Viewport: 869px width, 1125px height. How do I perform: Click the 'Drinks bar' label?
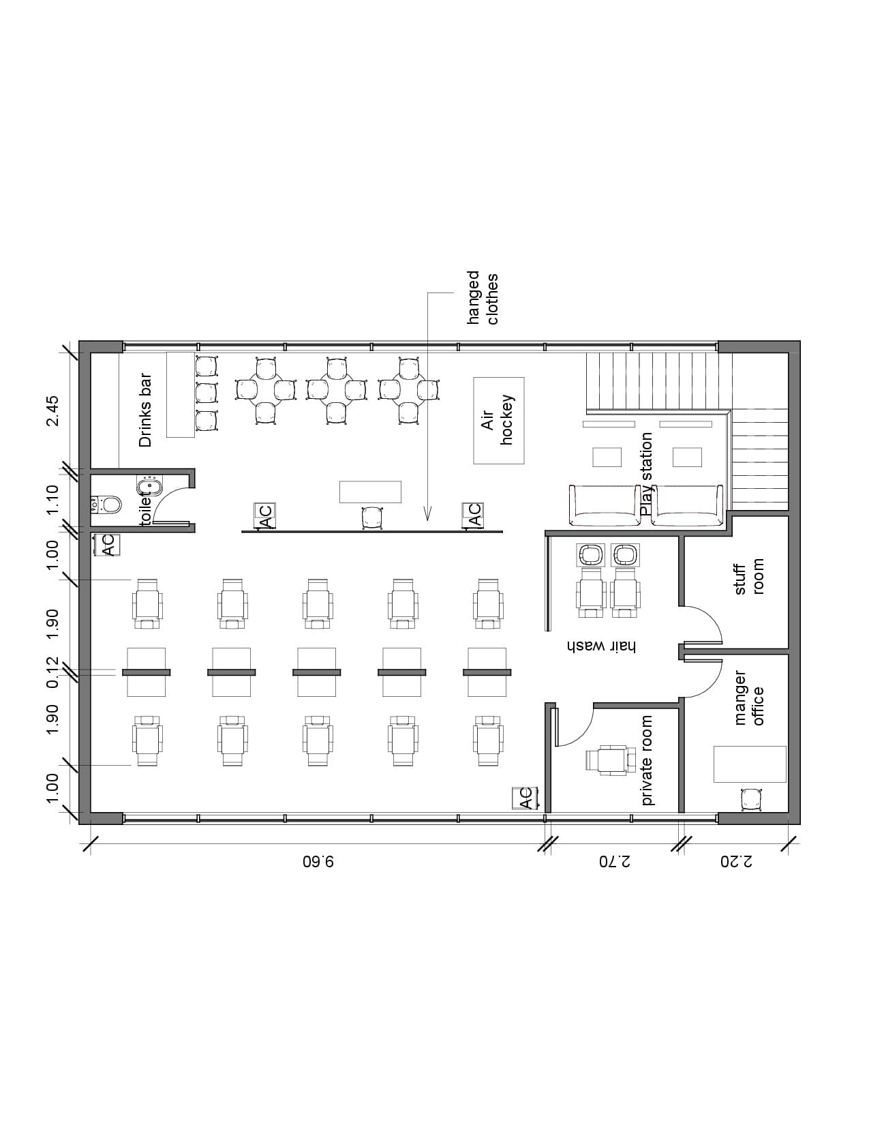145,410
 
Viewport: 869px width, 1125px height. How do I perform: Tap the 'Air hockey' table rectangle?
498,421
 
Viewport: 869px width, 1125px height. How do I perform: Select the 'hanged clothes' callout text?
483,298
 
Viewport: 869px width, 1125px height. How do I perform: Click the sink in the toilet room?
149,487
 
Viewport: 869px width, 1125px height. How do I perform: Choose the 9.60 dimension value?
318,862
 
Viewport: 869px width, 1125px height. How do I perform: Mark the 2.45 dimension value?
52,410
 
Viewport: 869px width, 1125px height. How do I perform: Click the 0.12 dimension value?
52,672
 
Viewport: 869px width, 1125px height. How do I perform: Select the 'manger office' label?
749,698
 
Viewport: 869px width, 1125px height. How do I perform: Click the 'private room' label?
647,760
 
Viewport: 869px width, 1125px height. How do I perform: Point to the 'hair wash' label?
601,646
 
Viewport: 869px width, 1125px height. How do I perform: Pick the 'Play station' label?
646,475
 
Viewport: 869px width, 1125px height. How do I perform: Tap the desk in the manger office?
750,764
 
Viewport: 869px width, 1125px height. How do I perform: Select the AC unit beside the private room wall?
525,798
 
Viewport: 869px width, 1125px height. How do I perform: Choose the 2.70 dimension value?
615,862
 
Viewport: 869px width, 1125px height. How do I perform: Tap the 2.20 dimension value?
737,862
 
